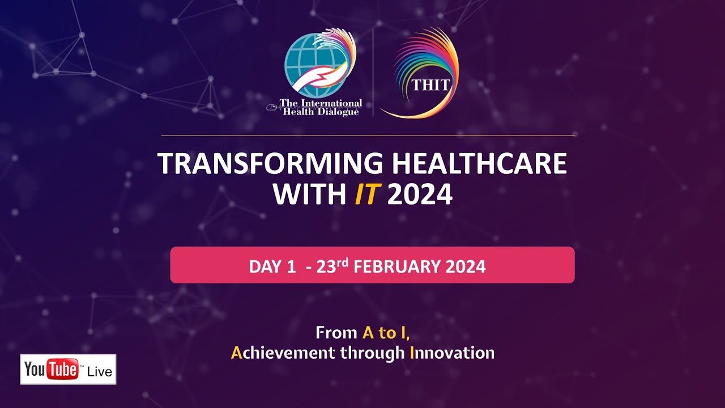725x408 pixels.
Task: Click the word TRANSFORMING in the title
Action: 271,163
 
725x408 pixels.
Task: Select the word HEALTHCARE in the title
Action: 480,163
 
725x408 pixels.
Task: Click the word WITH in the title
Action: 310,194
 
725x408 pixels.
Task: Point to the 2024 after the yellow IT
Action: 420,194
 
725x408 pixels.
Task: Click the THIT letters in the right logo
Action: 431,85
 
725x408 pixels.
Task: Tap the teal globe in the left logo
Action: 313,65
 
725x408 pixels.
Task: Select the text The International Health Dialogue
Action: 321,108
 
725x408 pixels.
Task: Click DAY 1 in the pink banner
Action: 272,266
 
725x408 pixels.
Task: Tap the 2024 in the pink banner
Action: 466,266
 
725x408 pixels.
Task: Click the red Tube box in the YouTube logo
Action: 63,369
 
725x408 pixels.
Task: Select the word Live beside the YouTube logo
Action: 100,372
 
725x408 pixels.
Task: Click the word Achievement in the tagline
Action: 283,352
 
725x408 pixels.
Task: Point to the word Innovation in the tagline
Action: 452,352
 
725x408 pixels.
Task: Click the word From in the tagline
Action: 336,333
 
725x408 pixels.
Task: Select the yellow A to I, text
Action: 386,333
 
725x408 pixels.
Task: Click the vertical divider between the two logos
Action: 373,72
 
